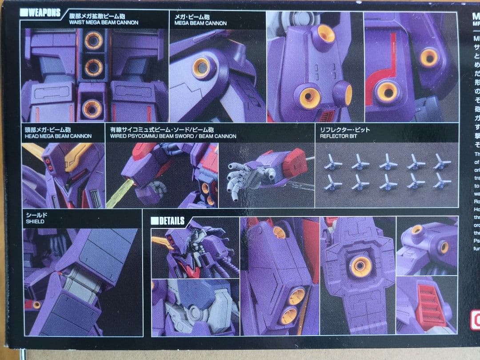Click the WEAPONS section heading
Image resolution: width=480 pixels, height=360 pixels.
(44, 12)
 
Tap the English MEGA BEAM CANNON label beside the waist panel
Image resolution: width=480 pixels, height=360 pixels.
(200, 23)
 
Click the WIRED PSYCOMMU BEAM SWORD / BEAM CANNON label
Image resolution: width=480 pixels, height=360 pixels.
(173, 136)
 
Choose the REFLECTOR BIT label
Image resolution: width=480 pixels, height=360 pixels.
(338, 136)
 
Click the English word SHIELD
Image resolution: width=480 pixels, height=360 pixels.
(36, 221)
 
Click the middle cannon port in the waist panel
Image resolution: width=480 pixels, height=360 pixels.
(93, 68)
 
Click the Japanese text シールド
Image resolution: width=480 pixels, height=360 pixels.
(36, 215)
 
